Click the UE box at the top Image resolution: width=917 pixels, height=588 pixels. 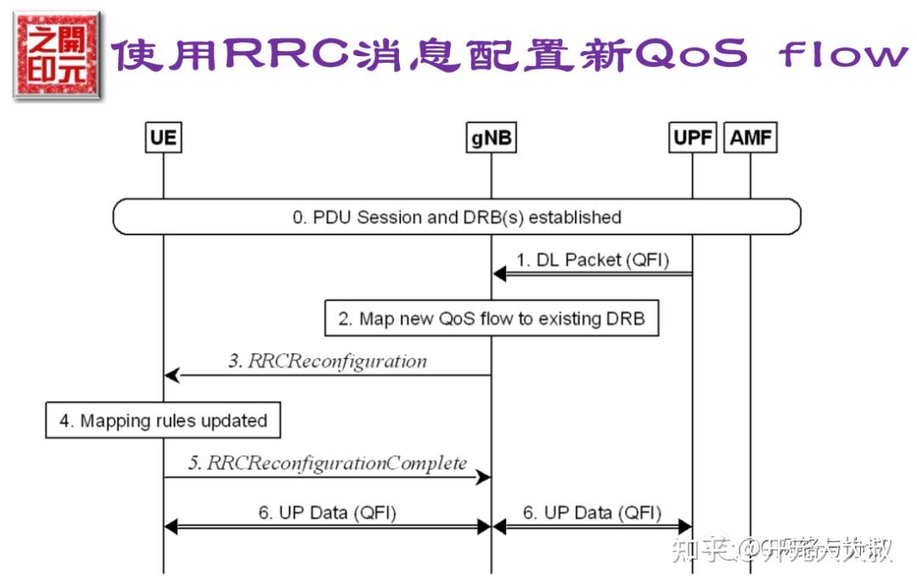[163, 137]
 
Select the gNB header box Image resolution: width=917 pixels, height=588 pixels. [491, 137]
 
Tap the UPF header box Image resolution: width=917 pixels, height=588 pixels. [693, 137]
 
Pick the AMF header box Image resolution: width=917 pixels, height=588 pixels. [751, 137]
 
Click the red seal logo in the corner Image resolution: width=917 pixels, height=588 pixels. [56, 56]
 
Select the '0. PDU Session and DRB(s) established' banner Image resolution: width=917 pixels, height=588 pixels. [457, 217]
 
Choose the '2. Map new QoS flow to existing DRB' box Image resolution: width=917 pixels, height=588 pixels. [492, 319]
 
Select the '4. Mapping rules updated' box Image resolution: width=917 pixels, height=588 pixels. [163, 421]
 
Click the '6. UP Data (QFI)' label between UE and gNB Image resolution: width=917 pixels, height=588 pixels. [327, 512]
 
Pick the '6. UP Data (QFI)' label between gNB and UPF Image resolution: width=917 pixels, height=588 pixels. [591, 512]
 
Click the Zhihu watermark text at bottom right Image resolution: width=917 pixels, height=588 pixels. [781, 551]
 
